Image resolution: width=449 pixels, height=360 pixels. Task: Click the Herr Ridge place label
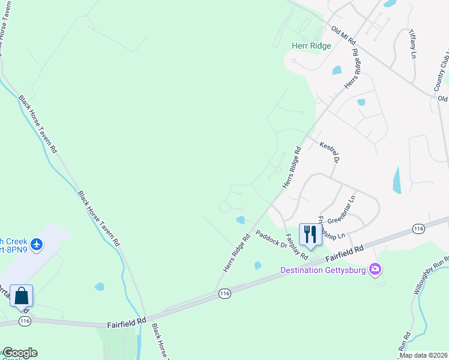(311, 46)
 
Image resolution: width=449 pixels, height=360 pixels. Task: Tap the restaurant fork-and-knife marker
(310, 234)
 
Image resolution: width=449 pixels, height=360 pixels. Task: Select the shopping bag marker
(22, 296)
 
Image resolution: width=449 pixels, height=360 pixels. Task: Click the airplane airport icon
(37, 244)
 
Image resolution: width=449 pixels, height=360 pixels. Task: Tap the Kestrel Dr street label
(330, 152)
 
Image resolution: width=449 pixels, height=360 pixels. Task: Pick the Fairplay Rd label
(297, 247)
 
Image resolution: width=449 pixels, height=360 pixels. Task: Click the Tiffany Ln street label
(412, 43)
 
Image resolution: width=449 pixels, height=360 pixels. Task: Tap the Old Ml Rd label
(343, 36)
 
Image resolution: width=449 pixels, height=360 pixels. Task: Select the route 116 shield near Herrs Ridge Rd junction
(224, 293)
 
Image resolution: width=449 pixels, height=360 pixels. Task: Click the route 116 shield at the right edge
(418, 229)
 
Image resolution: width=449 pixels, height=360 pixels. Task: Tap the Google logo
(19, 353)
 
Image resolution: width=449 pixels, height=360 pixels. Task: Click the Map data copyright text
(423, 355)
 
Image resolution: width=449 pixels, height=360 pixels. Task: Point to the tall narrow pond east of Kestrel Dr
(397, 180)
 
